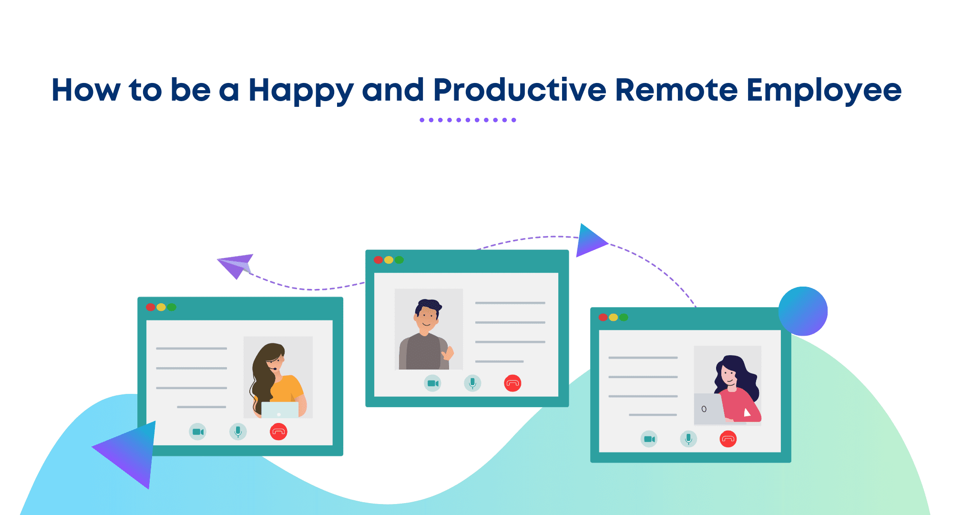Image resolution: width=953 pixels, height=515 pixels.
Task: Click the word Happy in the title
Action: click(x=301, y=91)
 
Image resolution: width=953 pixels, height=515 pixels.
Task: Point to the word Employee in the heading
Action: click(x=824, y=91)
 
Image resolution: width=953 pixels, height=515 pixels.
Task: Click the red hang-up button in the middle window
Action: click(x=512, y=383)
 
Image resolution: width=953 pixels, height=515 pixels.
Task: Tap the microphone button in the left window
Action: click(x=238, y=432)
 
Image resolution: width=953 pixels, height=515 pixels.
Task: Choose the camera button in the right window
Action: click(x=649, y=439)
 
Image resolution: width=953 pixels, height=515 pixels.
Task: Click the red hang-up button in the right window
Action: click(x=728, y=439)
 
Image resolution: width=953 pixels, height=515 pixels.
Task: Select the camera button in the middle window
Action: click(x=433, y=383)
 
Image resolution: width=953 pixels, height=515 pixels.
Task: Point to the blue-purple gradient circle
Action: click(x=803, y=311)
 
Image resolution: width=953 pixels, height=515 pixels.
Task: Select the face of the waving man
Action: click(x=427, y=317)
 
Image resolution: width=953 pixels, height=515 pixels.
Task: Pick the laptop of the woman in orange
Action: click(x=280, y=410)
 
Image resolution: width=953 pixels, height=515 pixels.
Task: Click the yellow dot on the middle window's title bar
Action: click(x=389, y=260)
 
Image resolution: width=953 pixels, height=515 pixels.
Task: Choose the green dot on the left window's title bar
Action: click(x=172, y=307)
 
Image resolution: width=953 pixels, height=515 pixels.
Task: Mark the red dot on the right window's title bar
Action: click(x=603, y=317)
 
